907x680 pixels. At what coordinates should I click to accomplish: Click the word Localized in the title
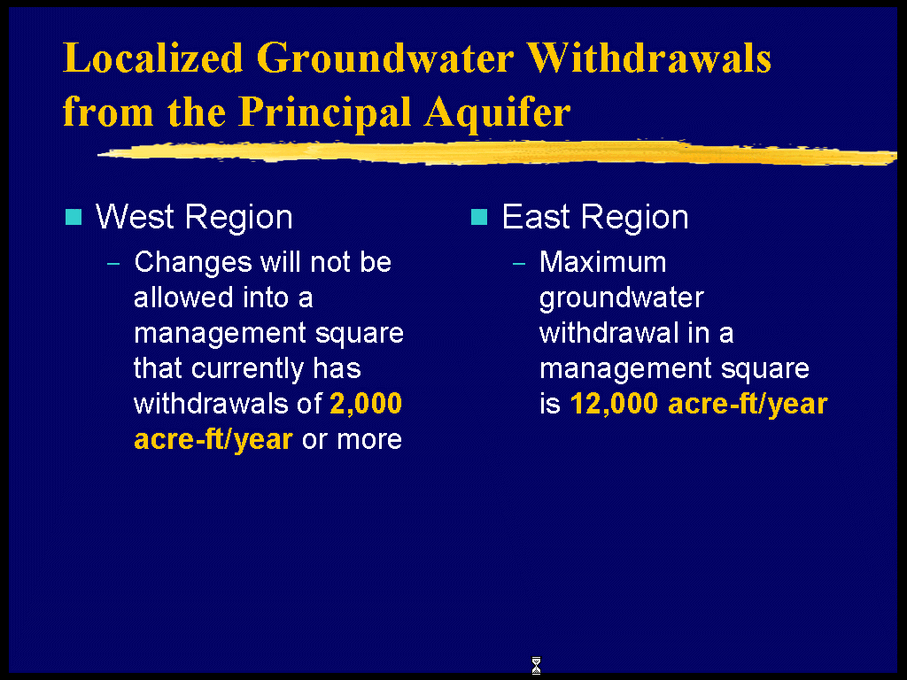(153, 58)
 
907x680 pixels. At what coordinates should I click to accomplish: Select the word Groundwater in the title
(384, 58)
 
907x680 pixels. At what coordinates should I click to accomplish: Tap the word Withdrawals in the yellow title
(649, 58)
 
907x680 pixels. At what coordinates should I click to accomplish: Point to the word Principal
(324, 112)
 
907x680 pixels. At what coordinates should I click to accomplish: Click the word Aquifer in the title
(498, 111)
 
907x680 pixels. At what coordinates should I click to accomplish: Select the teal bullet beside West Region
(74, 217)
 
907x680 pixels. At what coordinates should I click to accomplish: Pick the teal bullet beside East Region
(479, 217)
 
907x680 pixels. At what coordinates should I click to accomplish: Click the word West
(135, 217)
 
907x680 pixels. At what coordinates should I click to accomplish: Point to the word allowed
(183, 297)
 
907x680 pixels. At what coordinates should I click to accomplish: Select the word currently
(247, 369)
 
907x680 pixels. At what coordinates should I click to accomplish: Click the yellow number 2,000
(366, 404)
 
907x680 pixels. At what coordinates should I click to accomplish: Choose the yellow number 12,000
(615, 404)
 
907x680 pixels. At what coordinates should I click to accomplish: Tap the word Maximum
(603, 262)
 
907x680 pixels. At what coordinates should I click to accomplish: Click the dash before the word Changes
(113, 264)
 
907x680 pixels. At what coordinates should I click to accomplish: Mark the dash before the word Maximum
(519, 264)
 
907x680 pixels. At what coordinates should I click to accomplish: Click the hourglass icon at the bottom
(536, 666)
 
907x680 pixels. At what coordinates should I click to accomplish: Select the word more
(369, 439)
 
